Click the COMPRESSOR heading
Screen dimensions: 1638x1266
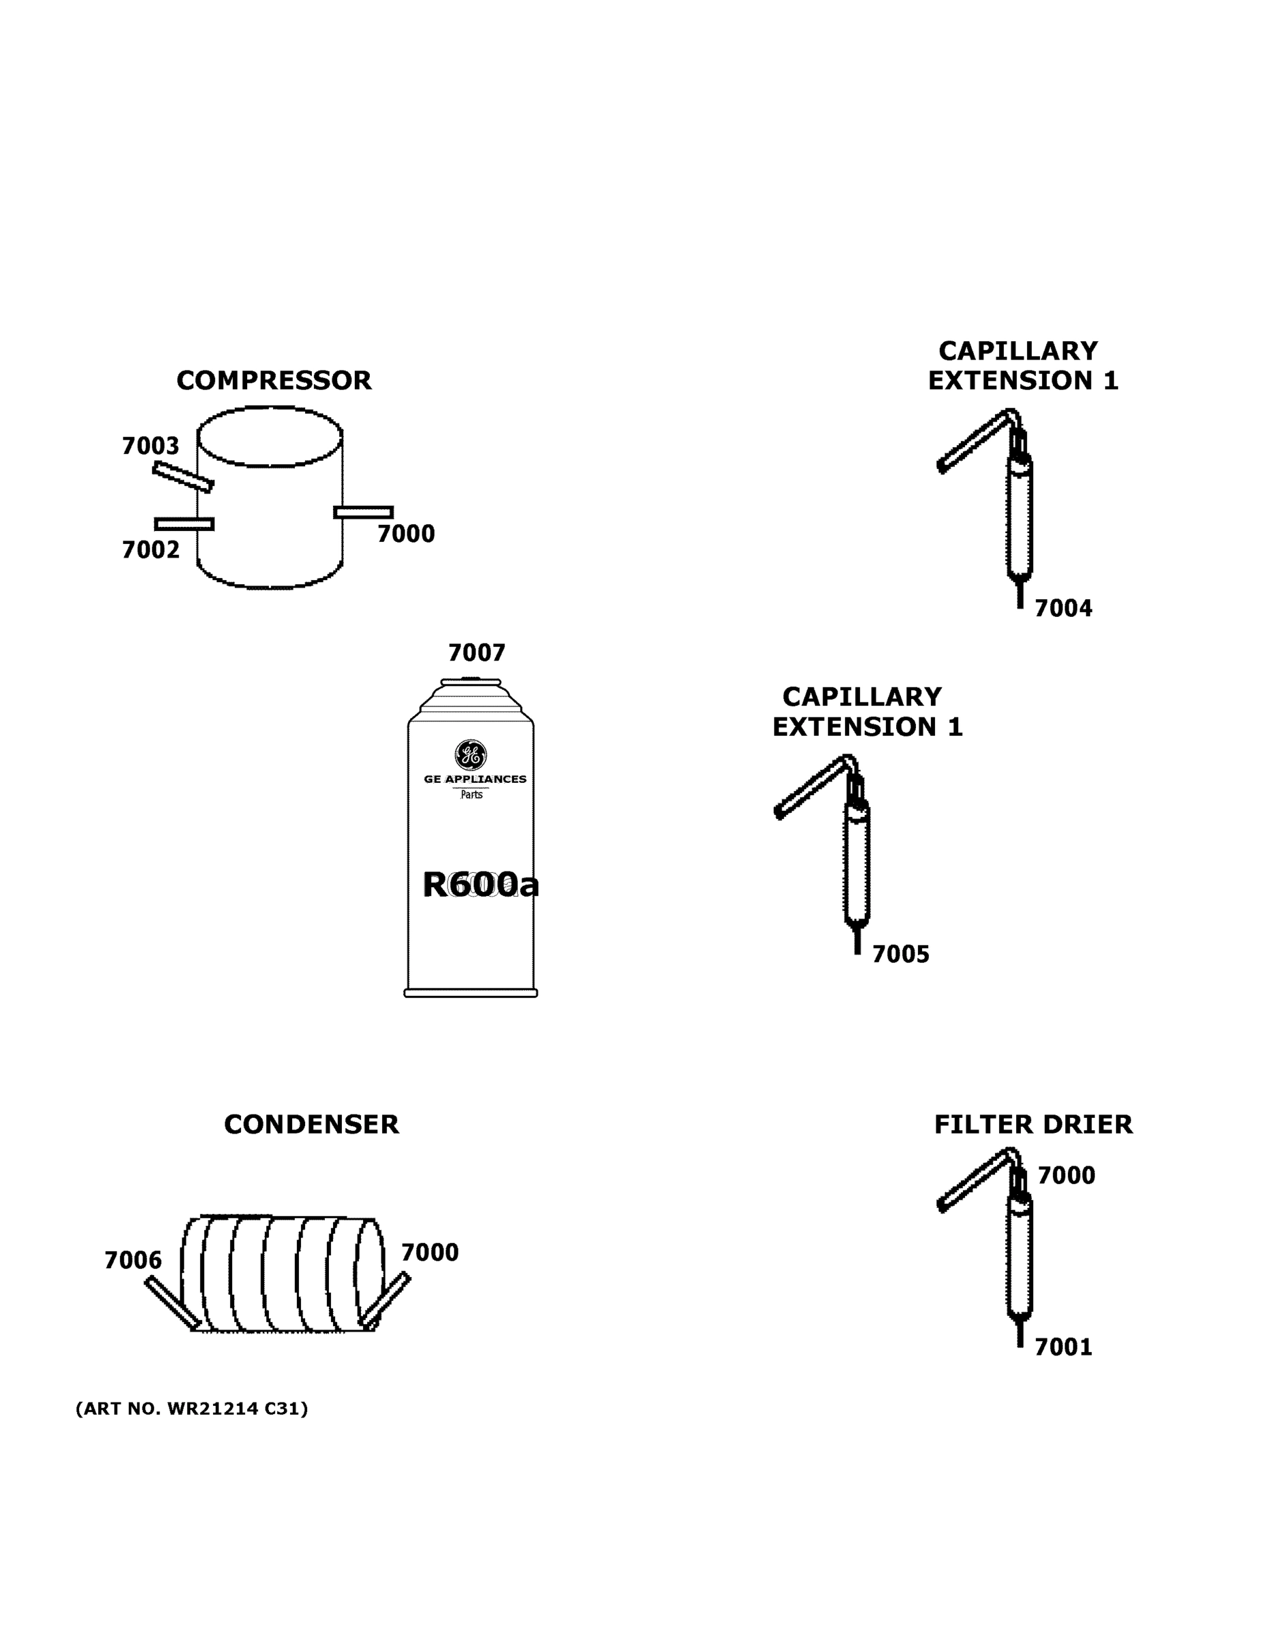[274, 380]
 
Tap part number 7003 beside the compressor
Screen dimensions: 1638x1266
[150, 446]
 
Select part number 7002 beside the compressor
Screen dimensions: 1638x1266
[150, 549]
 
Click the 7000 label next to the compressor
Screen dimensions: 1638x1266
[406, 534]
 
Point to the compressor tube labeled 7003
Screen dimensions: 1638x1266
[183, 477]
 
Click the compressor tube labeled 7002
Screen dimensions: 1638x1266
[184, 523]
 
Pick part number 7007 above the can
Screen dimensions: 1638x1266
[476, 652]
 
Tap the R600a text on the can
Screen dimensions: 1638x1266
[480, 885]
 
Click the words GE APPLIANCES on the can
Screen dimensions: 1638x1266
[475, 779]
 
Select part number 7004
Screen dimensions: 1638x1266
[1063, 608]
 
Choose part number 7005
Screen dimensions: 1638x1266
[900, 954]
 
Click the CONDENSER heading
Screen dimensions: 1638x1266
[311, 1124]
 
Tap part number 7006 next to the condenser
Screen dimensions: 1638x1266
[133, 1260]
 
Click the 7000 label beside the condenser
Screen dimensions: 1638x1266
[429, 1252]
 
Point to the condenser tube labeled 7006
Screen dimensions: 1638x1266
[173, 1303]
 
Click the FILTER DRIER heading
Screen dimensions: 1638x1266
[1033, 1124]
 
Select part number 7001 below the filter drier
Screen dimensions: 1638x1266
[1063, 1348]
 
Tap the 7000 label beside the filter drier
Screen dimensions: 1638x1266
[1066, 1175]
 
